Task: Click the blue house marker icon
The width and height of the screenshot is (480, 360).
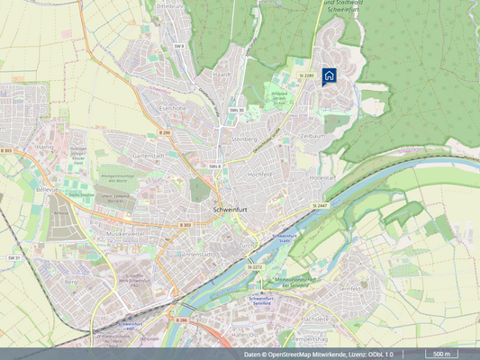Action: click(330, 76)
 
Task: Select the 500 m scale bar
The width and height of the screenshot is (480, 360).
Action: click(439, 354)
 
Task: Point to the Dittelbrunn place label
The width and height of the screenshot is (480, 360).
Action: click(169, 6)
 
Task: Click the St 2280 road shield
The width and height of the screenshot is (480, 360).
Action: click(308, 76)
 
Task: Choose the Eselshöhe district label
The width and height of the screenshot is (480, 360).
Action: click(171, 108)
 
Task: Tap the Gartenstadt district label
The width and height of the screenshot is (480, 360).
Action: click(149, 155)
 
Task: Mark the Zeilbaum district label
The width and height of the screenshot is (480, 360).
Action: click(312, 135)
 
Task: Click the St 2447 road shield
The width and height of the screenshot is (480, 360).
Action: click(321, 206)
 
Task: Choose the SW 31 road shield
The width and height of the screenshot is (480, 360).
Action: click(14, 257)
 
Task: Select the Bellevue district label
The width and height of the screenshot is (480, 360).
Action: click(47, 165)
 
